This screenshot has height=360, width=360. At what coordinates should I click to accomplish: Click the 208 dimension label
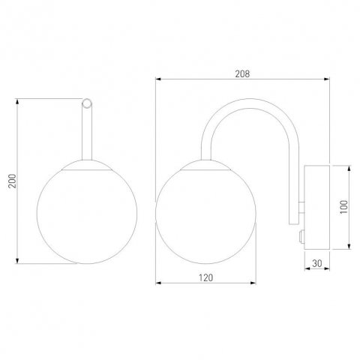(242, 73)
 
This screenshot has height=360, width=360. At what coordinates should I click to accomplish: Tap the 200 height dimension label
(12, 181)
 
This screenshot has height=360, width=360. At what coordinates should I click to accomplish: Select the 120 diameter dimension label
(205, 277)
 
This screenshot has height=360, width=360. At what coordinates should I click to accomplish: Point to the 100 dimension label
(344, 207)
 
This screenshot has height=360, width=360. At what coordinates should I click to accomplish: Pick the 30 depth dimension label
(317, 263)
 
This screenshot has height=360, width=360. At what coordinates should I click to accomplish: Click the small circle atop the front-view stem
(87, 103)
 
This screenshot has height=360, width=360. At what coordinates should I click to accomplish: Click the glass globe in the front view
(87, 217)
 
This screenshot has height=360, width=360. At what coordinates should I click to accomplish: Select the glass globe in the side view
(205, 217)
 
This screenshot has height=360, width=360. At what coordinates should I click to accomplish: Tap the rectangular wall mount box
(316, 207)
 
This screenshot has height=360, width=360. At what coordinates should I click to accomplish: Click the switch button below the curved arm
(301, 236)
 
